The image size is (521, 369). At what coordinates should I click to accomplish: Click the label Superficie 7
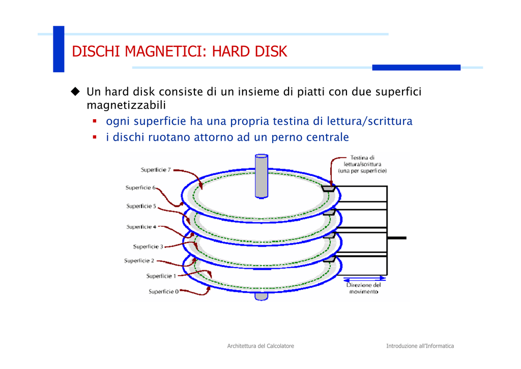pyautogui.click(x=156, y=170)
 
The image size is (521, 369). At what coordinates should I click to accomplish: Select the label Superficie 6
pyautogui.click(x=140, y=188)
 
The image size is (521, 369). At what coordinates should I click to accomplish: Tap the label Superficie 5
pyautogui.click(x=141, y=206)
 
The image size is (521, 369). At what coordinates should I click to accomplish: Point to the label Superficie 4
pyautogui.click(x=141, y=227)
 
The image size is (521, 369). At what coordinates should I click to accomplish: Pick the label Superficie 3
pyautogui.click(x=148, y=247)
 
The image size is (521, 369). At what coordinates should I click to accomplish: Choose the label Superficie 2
pyautogui.click(x=139, y=260)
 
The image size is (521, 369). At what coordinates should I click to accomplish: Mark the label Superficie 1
pyautogui.click(x=161, y=276)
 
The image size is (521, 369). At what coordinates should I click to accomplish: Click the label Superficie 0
pyautogui.click(x=164, y=292)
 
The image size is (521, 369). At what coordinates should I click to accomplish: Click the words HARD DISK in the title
pyautogui.click(x=249, y=51)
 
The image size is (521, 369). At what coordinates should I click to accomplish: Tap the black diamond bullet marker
pyautogui.click(x=75, y=92)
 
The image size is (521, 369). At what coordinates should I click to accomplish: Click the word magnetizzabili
pyautogui.click(x=126, y=105)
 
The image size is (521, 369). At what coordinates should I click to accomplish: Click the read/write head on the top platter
pyautogui.click(x=328, y=189)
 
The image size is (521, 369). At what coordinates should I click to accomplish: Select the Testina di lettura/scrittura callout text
pyautogui.click(x=362, y=164)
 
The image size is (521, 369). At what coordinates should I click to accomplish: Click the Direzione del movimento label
pyautogui.click(x=363, y=288)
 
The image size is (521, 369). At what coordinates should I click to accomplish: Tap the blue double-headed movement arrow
pyautogui.click(x=364, y=278)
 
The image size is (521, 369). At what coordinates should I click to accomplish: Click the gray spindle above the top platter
pyautogui.click(x=262, y=176)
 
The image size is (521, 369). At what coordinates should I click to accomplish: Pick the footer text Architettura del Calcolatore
pyautogui.click(x=260, y=346)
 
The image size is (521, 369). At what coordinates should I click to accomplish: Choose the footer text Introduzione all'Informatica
pyautogui.click(x=420, y=346)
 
